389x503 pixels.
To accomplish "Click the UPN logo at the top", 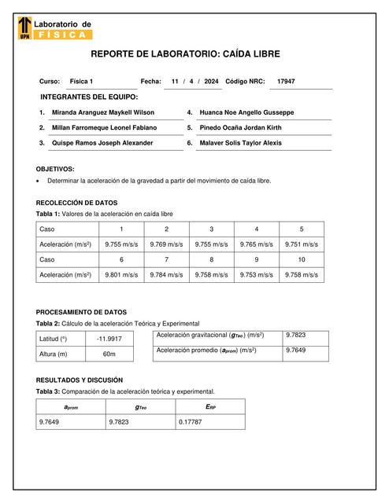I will [24, 29].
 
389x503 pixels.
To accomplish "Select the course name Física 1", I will [81, 82].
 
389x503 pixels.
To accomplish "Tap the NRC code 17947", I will [286, 82].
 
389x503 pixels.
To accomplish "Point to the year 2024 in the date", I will [210, 82].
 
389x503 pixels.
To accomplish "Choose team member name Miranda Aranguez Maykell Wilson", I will [102, 112].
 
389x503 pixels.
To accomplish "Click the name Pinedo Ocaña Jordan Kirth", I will [241, 127].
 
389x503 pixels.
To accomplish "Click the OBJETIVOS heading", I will [55, 169].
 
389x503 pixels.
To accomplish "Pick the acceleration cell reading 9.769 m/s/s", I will [166, 244].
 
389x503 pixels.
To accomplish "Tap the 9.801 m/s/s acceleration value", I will [121, 275].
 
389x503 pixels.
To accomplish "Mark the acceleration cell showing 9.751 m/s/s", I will [302, 244].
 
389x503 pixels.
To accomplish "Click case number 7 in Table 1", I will [166, 259].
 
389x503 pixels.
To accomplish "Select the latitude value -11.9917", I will [109, 339].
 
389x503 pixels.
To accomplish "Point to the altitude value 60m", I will [109, 354].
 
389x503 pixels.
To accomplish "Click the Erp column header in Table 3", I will [209, 406].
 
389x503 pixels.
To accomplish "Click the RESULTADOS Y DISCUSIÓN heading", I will [80, 380].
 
